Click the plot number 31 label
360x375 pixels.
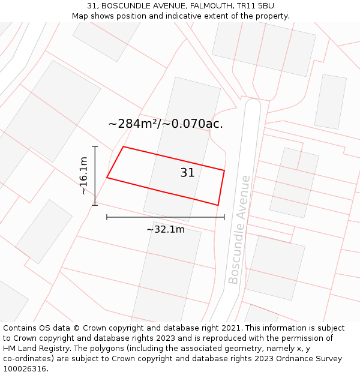point(187,173)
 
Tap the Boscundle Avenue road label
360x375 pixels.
point(239,229)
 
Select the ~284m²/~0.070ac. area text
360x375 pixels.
point(166,124)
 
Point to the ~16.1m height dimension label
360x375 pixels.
point(83,176)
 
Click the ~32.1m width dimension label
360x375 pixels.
point(166,229)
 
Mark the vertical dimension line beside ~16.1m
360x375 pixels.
point(95,176)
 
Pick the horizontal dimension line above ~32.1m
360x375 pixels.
point(166,217)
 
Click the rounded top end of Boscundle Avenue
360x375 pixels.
point(253,104)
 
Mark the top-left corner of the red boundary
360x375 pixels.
point(123,147)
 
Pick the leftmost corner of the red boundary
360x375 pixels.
point(107,178)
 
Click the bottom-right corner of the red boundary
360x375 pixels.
point(218,205)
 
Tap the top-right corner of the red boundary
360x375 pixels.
point(224,170)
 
